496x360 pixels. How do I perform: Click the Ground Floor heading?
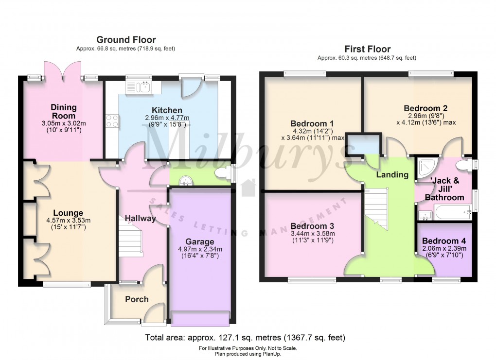pyautogui.click(x=126, y=39)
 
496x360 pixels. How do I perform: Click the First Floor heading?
pyautogui.click(x=367, y=49)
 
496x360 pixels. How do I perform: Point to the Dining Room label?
pyautogui.click(x=64, y=111)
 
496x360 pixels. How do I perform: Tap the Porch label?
pyautogui.click(x=137, y=299)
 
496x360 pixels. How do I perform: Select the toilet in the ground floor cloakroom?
pyautogui.click(x=224, y=173)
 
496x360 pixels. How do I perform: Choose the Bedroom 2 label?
pyautogui.click(x=425, y=108)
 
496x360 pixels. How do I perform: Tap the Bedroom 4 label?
pyautogui.click(x=444, y=241)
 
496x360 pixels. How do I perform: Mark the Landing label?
pyautogui.click(x=392, y=174)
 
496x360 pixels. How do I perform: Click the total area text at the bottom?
pyautogui.click(x=245, y=338)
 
